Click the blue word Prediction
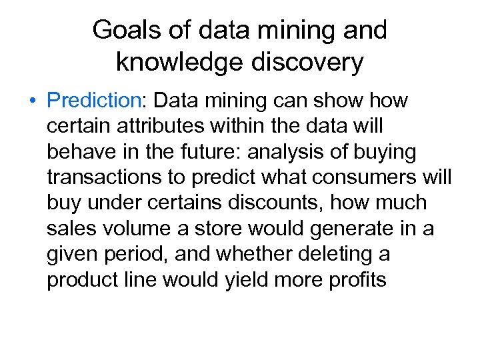pyautogui.click(x=91, y=101)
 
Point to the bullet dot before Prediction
pyautogui.click(x=32, y=102)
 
